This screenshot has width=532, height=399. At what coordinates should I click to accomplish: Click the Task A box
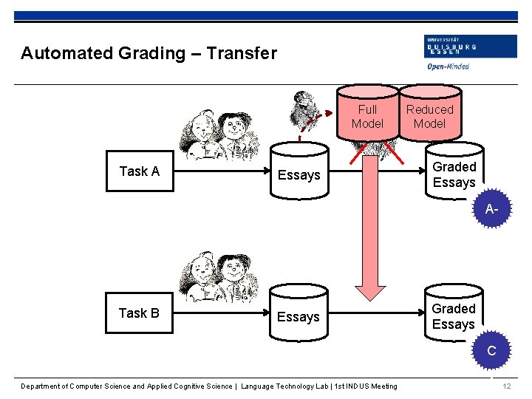coord(140,171)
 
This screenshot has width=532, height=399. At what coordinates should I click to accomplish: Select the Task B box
coord(139,313)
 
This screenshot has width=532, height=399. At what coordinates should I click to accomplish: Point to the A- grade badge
coord(492,211)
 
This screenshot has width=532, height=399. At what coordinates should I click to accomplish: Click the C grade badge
coord(491,352)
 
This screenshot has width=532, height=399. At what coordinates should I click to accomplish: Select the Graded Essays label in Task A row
coord(454,175)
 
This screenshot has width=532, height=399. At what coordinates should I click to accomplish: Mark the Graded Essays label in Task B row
coord(453,316)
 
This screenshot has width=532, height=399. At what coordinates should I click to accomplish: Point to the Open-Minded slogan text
coord(448,66)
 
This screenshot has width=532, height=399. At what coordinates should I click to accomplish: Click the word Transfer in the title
coord(242,53)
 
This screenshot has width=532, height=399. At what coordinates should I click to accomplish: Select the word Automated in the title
coord(63,53)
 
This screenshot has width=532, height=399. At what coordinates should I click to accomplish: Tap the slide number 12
coord(506,386)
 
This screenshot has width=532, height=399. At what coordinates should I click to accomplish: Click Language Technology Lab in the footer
coord(285,386)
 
